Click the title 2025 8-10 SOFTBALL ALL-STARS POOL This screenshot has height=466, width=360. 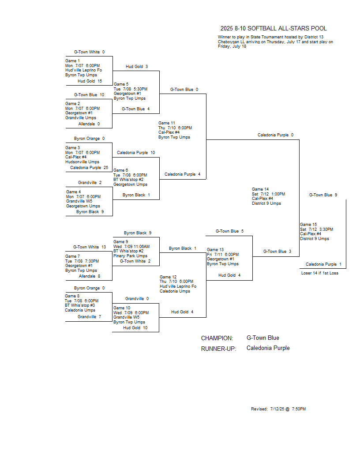(x=273, y=29)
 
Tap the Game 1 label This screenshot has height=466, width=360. (x=72, y=61)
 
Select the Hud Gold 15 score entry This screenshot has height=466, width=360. (x=90, y=81)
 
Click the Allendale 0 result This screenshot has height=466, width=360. (x=89, y=124)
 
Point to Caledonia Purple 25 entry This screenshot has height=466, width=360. (x=89, y=168)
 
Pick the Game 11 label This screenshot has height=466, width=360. (x=167, y=123)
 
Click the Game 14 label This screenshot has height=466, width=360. (x=260, y=189)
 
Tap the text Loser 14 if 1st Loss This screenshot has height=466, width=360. (x=319, y=273)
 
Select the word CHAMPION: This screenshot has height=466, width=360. (x=217, y=338)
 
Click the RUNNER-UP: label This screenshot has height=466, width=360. (x=219, y=349)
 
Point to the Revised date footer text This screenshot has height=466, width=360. (x=278, y=409)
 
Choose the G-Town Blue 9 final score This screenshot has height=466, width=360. (x=323, y=195)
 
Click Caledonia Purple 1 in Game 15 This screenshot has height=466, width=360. (x=323, y=264)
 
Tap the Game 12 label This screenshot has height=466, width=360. (x=168, y=277)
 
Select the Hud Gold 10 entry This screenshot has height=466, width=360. (x=135, y=328)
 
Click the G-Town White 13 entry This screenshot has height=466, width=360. (x=90, y=247)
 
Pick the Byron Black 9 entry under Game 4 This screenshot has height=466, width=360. (x=90, y=212)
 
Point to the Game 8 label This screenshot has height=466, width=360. (x=72, y=296)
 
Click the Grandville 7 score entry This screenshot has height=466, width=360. (x=89, y=317)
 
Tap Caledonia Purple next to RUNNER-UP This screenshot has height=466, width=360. (x=268, y=348)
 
